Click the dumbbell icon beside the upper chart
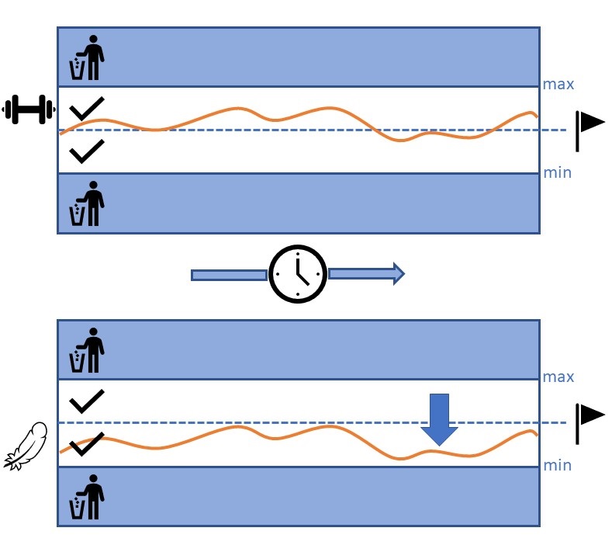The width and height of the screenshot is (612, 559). tap(27, 109)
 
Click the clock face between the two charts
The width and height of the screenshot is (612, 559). tap(299, 275)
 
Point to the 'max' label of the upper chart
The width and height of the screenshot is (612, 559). tap(558, 84)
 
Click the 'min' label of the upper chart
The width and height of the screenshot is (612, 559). tap(557, 172)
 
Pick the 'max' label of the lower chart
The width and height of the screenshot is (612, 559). tap(558, 377)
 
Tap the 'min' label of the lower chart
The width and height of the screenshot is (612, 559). tap(557, 466)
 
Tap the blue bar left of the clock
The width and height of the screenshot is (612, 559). tap(229, 275)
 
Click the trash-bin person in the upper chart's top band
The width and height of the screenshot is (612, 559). tap(88, 57)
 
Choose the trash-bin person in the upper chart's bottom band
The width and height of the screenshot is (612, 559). tap(88, 203)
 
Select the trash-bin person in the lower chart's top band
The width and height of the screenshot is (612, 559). tap(88, 351)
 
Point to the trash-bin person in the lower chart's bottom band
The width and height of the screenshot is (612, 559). tap(88, 497)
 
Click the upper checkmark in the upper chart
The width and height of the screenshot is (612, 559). tap(87, 109)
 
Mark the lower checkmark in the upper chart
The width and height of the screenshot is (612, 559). tap(87, 151)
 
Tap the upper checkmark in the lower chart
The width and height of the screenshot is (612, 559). tap(87, 402)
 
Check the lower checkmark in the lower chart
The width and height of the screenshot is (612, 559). tap(87, 444)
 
